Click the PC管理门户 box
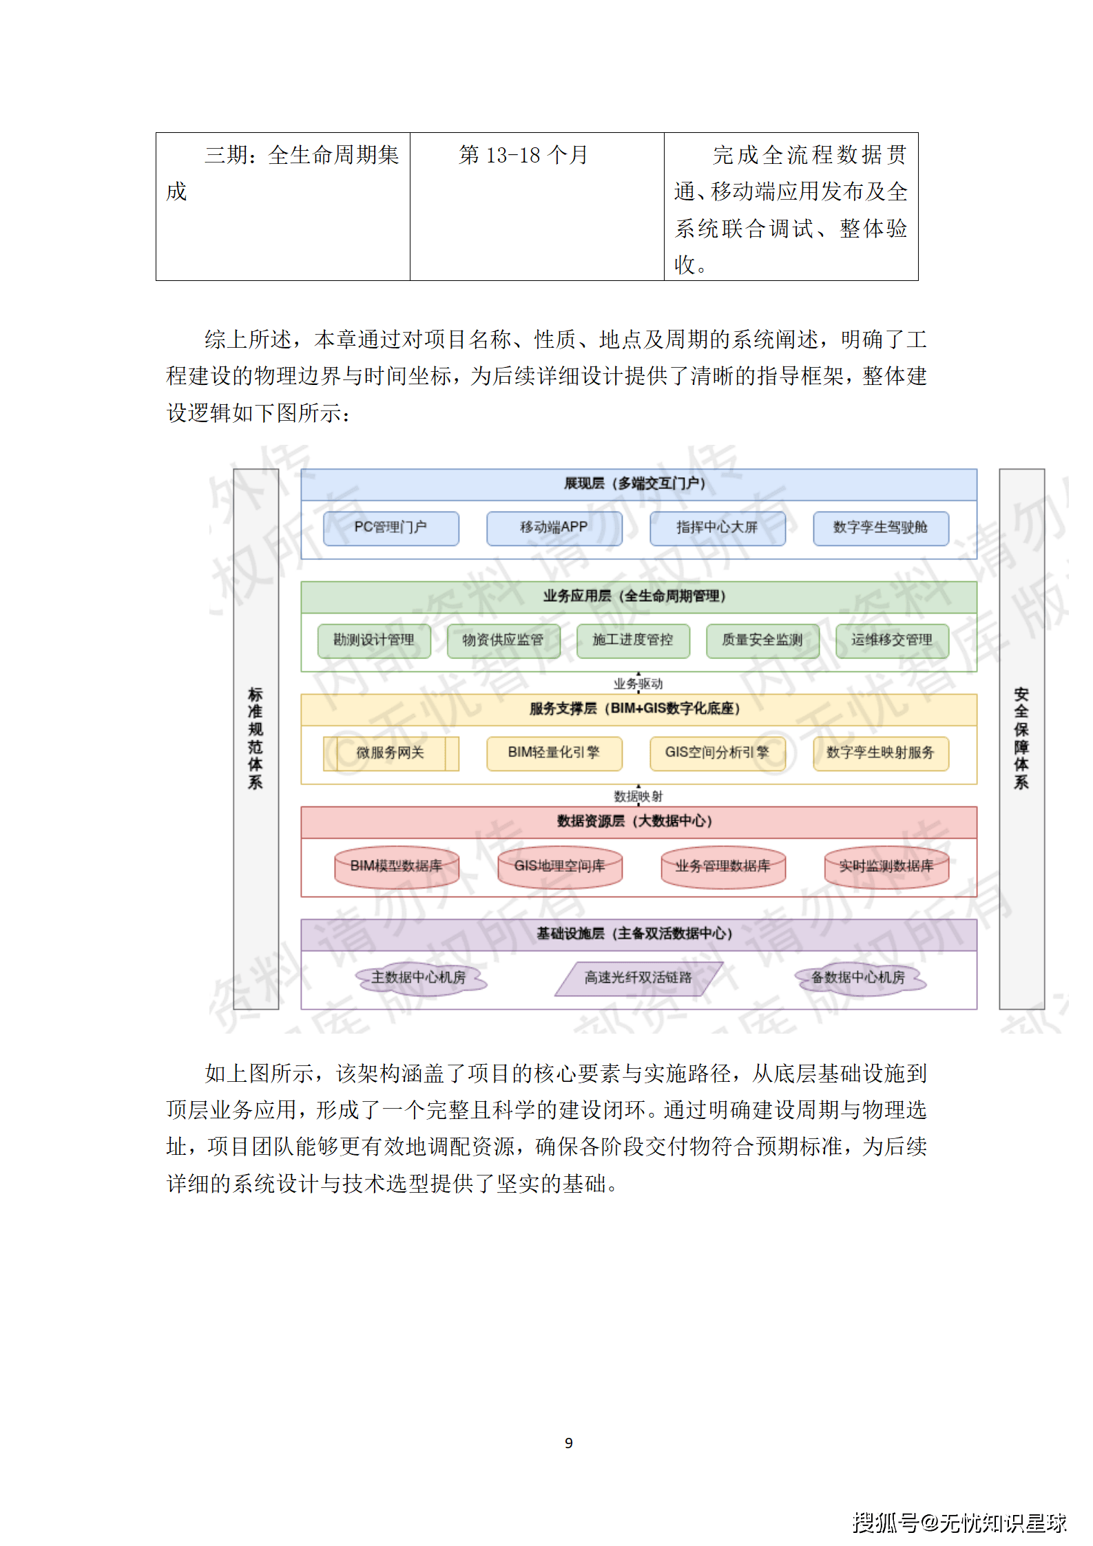391,528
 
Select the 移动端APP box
554,528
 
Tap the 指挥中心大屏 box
717,528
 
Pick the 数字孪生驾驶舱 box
880,528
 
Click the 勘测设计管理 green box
374,640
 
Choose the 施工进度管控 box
633,640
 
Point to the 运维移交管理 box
892,640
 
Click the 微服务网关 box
391,753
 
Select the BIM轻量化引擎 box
554,753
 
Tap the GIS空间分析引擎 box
717,753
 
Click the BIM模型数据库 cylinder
396,866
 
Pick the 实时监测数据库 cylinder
886,866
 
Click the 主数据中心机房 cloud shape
419,978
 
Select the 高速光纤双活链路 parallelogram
638,978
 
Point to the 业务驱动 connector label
638,684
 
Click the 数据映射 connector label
638,797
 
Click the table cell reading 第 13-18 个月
523,156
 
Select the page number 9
569,1443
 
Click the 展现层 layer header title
634,483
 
